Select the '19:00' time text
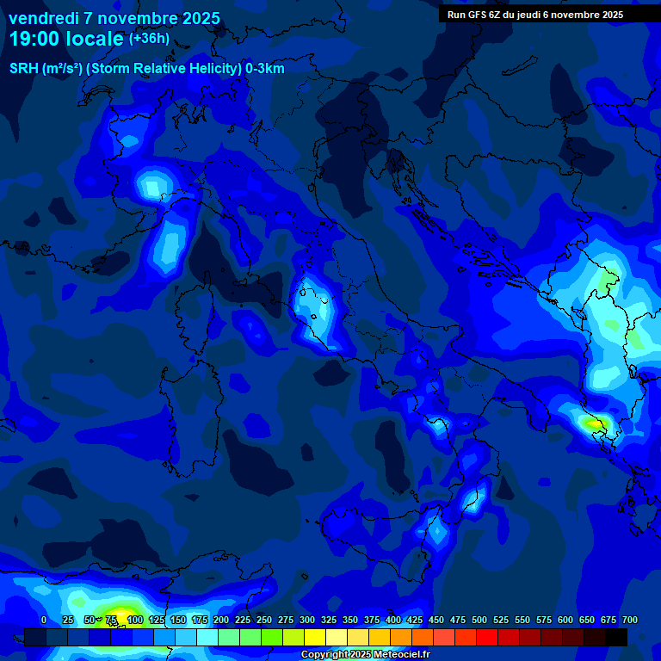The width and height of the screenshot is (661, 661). (x=36, y=40)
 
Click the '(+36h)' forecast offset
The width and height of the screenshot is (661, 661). (x=149, y=39)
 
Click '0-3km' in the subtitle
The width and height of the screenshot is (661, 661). (x=265, y=69)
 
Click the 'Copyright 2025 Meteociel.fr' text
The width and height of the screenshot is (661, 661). (x=365, y=655)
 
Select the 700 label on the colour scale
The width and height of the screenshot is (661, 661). (x=630, y=620)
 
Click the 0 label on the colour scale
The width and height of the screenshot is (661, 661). (x=44, y=620)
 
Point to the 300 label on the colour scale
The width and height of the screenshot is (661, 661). (x=307, y=620)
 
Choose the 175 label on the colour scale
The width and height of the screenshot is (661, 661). (x=200, y=620)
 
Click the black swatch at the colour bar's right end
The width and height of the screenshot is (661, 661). (x=615, y=637)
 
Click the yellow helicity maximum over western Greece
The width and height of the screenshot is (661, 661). (x=592, y=423)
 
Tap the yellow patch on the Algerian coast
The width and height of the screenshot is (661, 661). (x=120, y=613)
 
